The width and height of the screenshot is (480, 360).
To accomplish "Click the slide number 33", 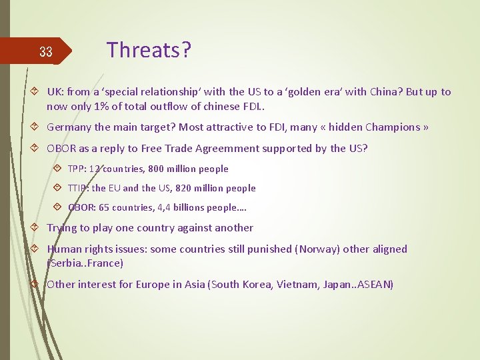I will coord(45,52).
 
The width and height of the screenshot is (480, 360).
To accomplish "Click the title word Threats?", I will coord(149,50).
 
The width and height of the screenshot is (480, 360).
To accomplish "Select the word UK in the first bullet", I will coord(55,92).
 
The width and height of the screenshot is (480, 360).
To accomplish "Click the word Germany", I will coord(69,127).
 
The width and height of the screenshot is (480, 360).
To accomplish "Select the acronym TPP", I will coord(77,169).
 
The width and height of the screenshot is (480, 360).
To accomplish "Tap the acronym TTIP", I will coord(78,188).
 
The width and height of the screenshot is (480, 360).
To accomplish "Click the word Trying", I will coord(62,228).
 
